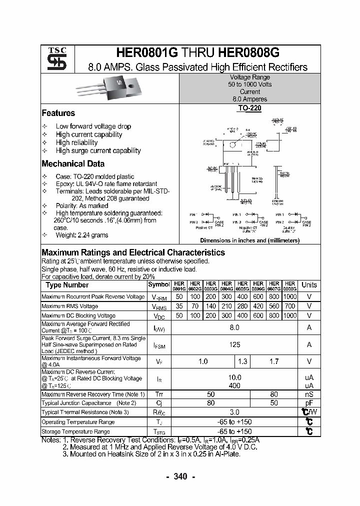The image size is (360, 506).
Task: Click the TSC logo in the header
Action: point(56,59)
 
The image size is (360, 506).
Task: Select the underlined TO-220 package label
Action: point(249,107)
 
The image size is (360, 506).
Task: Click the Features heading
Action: point(58,113)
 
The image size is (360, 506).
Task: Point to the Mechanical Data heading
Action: point(73,163)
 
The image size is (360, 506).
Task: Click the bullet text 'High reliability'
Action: point(76,142)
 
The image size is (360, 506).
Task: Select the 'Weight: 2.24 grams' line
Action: point(81,235)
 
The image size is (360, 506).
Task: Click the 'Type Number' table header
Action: point(67,285)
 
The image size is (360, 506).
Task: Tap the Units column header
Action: point(309,285)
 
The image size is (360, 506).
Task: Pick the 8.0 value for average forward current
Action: point(234,327)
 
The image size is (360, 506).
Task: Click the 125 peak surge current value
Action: point(234,344)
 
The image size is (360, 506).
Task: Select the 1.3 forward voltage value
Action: point(242,361)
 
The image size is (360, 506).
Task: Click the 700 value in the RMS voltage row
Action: point(289,306)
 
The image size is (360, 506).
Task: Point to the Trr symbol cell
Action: point(158,394)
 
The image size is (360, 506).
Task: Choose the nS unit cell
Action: point(309,394)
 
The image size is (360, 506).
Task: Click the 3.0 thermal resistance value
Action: point(234,412)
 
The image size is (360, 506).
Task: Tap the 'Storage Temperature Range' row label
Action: point(75,431)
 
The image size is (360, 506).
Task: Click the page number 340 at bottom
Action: point(180,476)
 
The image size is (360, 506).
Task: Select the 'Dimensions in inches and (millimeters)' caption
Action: point(249,240)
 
